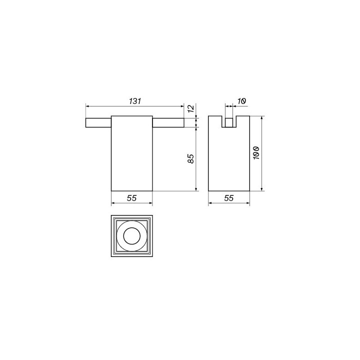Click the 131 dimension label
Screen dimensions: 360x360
(135, 101)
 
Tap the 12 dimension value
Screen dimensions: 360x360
(191, 108)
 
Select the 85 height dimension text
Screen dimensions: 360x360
(191, 158)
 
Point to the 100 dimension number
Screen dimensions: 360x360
(256, 152)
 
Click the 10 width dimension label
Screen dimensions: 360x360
(241, 101)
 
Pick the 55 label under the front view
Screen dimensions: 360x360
(132, 198)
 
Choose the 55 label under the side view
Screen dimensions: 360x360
(229, 198)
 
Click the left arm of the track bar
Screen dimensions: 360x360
(98, 122)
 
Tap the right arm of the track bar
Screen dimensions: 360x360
(168, 122)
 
